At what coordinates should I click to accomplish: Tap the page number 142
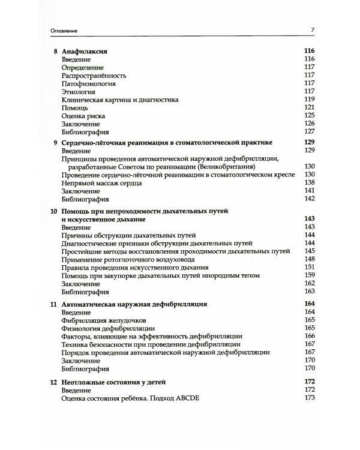[310, 198]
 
